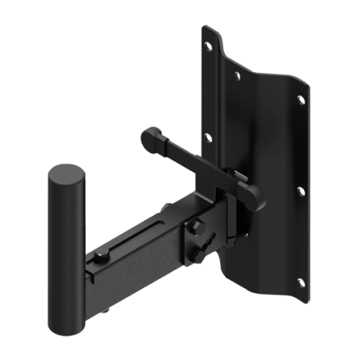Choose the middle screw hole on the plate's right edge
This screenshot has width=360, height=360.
(300, 188)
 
